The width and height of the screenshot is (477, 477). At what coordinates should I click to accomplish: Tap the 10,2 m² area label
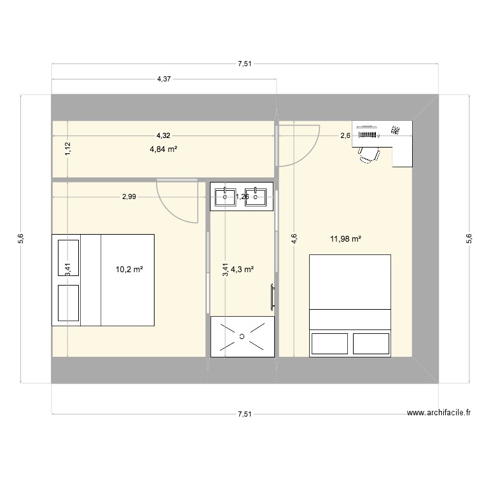click(129, 269)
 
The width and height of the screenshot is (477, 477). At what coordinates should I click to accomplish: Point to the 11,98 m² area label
click(346, 239)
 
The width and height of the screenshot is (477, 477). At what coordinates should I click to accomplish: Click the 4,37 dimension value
click(163, 79)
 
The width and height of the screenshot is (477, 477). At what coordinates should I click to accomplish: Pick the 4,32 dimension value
click(163, 135)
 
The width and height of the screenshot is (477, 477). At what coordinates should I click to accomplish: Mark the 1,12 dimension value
click(67, 149)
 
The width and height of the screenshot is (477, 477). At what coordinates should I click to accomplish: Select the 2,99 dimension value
click(129, 197)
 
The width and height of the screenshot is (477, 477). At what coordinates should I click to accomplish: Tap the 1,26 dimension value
click(242, 197)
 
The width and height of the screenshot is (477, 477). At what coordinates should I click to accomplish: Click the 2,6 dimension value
click(345, 135)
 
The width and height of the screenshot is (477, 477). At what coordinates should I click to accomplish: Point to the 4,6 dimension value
click(293, 239)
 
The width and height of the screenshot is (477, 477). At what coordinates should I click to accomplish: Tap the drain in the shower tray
click(242, 335)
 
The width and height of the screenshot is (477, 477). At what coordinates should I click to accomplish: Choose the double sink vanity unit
click(242, 197)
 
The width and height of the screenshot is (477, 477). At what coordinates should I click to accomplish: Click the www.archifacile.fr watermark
click(439, 412)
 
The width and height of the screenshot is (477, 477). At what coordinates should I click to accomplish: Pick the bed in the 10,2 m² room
click(103, 280)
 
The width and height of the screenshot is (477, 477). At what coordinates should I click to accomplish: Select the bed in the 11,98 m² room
click(350, 305)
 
